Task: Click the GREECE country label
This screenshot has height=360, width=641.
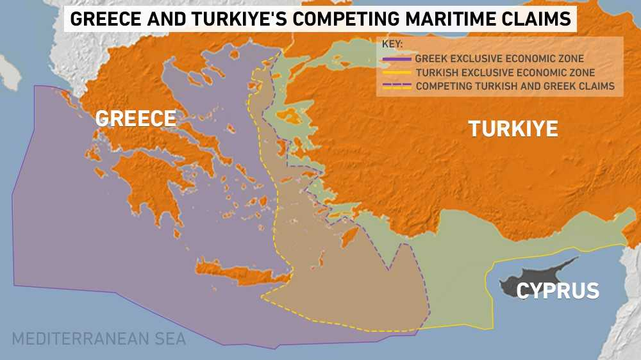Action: click(x=135, y=118)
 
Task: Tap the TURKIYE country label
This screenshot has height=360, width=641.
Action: click(x=513, y=129)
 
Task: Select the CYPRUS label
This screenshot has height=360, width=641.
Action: click(x=558, y=291)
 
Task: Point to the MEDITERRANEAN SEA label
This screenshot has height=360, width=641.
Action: click(x=99, y=338)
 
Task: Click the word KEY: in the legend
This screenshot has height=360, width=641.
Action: click(x=392, y=45)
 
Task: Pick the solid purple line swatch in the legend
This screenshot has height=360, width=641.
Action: click(x=396, y=60)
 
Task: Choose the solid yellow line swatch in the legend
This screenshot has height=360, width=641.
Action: click(x=396, y=72)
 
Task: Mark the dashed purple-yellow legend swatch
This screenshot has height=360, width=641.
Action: click(x=396, y=86)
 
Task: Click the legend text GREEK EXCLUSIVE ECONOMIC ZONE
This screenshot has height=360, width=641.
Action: click(x=499, y=60)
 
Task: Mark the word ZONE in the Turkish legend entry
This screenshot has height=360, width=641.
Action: click(x=582, y=72)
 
